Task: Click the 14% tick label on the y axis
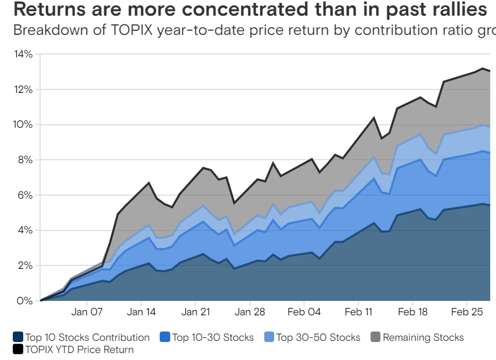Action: click(x=23, y=54)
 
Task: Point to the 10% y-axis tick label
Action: click(x=23, y=124)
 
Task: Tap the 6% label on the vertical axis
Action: click(x=25, y=195)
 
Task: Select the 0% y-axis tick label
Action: click(x=25, y=301)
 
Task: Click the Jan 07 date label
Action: click(x=87, y=312)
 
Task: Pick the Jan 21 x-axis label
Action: click(x=196, y=312)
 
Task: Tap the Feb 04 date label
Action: click(x=304, y=312)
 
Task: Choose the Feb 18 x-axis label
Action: click(x=412, y=312)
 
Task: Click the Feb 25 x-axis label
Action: click(x=467, y=312)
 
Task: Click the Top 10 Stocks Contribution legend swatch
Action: click(x=18, y=337)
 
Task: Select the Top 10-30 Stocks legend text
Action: click(x=213, y=337)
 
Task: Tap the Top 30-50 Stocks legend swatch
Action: click(x=269, y=337)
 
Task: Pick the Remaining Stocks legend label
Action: click(x=423, y=337)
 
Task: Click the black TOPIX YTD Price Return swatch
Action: click(x=18, y=349)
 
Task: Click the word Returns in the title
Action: click(x=50, y=9)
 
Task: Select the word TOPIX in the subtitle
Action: click(x=132, y=30)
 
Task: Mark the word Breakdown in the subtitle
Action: click(x=51, y=30)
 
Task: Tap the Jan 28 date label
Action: click(x=250, y=312)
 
